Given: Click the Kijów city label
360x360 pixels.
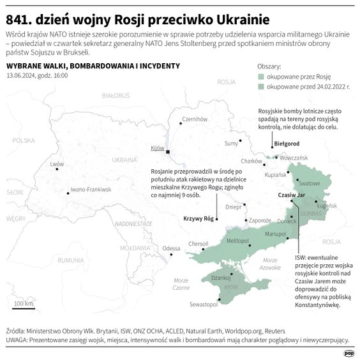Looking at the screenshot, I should pyautogui.click(x=157, y=148).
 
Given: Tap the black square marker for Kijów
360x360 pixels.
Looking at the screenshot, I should pyautogui.click(x=167, y=152).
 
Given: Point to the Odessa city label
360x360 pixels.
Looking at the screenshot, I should pyautogui.click(x=171, y=248).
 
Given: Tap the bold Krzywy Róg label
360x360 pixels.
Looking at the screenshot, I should pyautogui.click(x=198, y=219).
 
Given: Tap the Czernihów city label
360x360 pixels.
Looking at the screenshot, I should pyautogui.click(x=196, y=119).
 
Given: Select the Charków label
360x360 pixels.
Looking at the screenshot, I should pyautogui.click(x=252, y=161).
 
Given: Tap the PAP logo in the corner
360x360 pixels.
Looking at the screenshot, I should pyautogui.click(x=349, y=351).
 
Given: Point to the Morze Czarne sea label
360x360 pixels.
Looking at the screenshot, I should pyautogui.click(x=181, y=284).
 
